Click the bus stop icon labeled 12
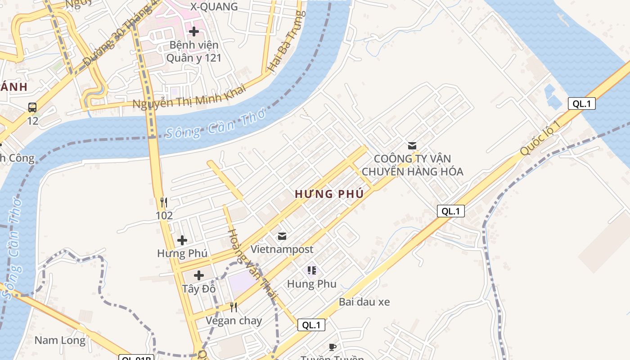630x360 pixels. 32,108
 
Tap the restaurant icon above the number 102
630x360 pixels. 164,202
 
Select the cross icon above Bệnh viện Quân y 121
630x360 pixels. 194,31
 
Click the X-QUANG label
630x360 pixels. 214,7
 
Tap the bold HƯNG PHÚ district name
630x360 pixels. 329,194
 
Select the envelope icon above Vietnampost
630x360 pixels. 282,236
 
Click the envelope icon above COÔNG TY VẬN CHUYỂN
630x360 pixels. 412,145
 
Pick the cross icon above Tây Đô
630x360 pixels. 198,275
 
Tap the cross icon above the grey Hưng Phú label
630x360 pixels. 182,240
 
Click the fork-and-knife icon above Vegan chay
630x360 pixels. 234,307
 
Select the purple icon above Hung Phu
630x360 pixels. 311,270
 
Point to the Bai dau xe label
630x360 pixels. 364,302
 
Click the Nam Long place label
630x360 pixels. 60,340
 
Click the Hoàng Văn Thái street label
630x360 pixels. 252,264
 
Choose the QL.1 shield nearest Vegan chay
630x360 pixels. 311,325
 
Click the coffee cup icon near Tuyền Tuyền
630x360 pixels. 332,347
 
